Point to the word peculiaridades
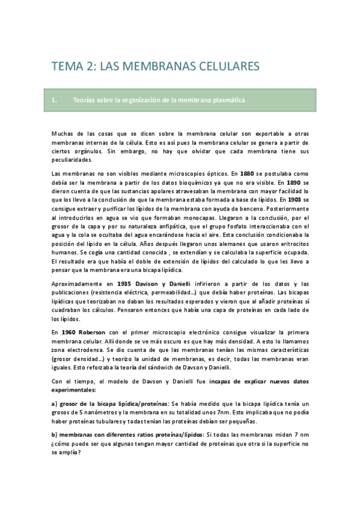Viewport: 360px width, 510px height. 72,160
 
